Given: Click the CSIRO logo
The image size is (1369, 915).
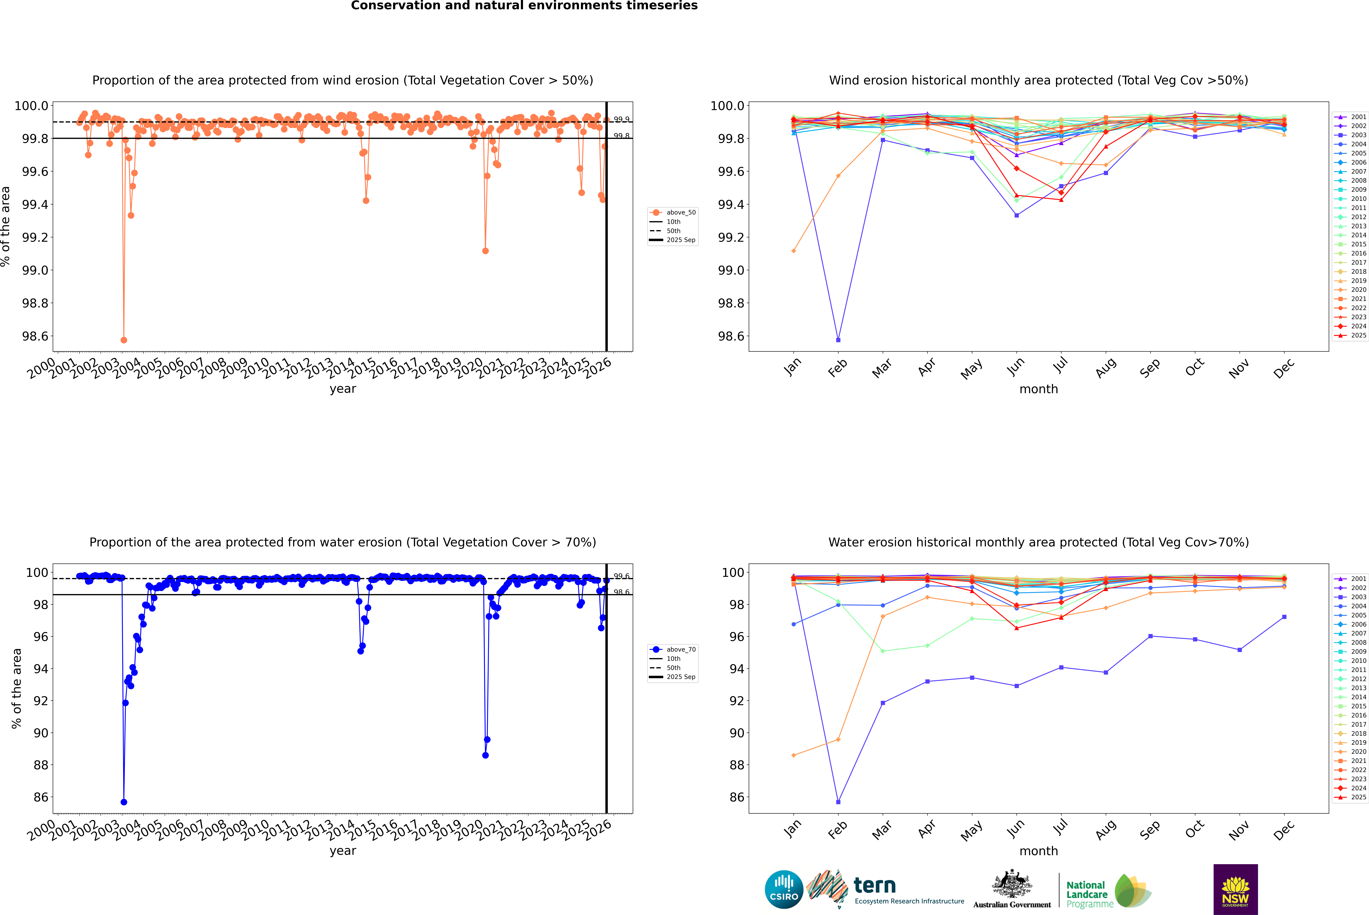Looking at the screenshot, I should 784,889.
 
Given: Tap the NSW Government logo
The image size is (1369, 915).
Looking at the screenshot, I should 1235,889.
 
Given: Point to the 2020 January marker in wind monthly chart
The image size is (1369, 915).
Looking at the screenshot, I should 794,251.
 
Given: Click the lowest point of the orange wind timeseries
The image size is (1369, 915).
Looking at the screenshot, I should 124,340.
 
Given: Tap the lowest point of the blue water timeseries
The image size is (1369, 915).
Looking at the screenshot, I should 124,802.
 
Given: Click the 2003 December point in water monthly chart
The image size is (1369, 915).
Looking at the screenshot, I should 1284,617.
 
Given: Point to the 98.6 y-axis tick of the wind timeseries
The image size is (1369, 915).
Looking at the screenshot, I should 35,336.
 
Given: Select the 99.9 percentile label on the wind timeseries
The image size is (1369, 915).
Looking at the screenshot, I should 621,120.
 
